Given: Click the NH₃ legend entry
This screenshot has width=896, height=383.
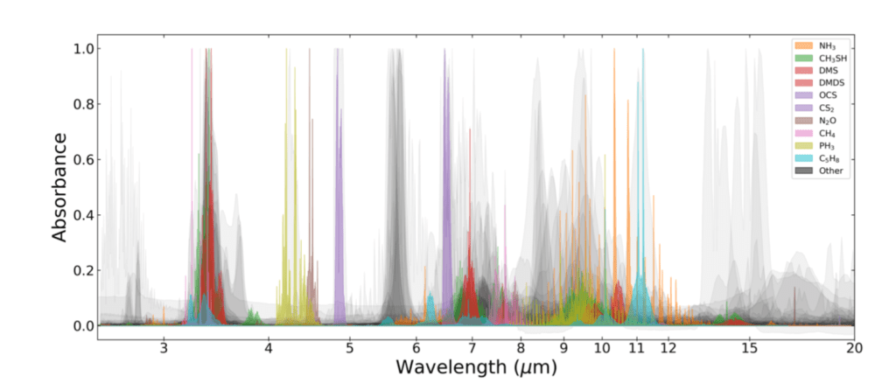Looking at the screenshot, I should pyautogui.click(x=817, y=45).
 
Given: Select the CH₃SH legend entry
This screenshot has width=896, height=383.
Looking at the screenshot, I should pyautogui.click(x=817, y=58).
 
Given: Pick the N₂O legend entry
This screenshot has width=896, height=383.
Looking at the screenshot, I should pyautogui.click(x=817, y=121).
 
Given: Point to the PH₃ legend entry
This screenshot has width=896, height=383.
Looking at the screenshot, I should pyautogui.click(x=817, y=145).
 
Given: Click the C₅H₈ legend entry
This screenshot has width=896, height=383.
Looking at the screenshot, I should pyautogui.click(x=817, y=158).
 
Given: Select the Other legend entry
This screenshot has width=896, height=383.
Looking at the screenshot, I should pyautogui.click(x=817, y=171).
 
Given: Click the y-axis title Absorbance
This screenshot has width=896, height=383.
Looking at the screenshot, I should pyautogui.click(x=59, y=187).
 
